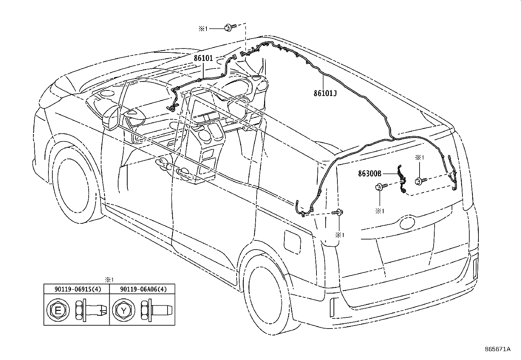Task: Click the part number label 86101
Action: pyautogui.click(x=203, y=58)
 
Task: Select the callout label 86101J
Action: pyautogui.click(x=325, y=93)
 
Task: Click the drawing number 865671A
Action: pyautogui.click(x=497, y=349)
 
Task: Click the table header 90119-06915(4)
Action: pyautogui.click(x=76, y=289)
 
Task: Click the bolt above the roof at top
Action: pyautogui.click(x=229, y=28)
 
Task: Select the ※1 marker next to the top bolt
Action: pyautogui.click(x=203, y=29)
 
